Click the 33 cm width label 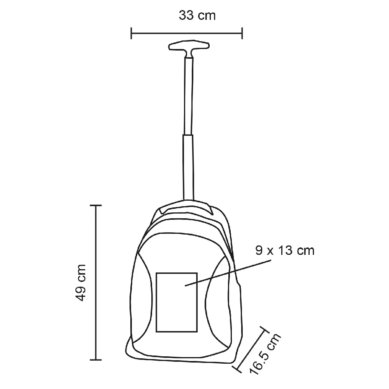[197, 16]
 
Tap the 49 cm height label [81, 282]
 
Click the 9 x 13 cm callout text [285, 250]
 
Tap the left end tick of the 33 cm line [131, 33]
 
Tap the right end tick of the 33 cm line [242, 33]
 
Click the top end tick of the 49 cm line [96, 205]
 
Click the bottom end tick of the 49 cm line [96, 360]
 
